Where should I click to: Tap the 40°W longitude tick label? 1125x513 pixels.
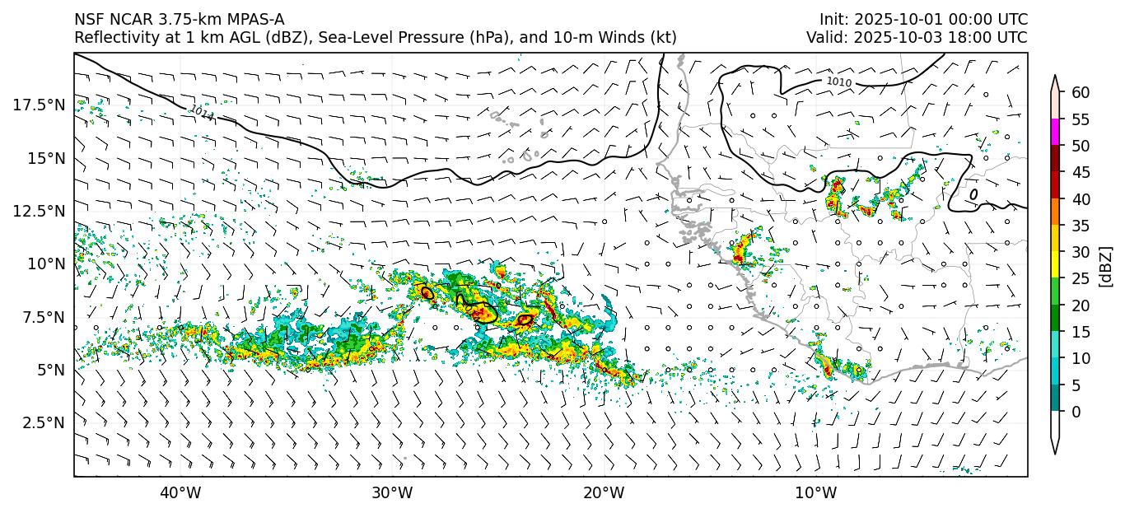[x=180, y=493]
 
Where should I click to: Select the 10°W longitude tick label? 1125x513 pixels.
[x=816, y=493]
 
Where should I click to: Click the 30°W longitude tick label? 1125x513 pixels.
[x=392, y=493]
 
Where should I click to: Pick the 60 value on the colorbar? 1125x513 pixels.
[x=1081, y=93]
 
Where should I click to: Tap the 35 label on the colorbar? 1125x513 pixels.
[x=1081, y=226]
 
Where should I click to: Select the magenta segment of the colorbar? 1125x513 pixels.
[x=1056, y=133]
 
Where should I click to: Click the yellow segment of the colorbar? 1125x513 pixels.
[x=1056, y=265]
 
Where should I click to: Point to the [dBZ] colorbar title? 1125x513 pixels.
[x=1107, y=266]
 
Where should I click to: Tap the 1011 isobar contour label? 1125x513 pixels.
[x=201, y=114]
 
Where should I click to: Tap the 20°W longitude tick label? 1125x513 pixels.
[x=604, y=493]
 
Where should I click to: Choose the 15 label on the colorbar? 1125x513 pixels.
[x=1081, y=332]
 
